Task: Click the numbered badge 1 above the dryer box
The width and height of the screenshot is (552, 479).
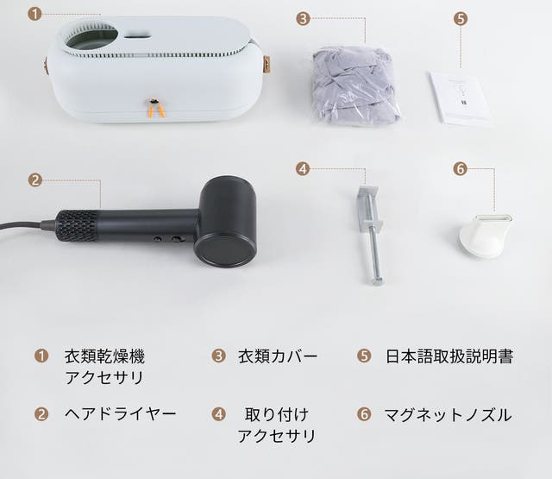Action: [34, 14]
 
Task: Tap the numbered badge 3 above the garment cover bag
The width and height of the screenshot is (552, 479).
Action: [303, 18]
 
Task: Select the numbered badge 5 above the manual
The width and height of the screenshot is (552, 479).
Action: [461, 18]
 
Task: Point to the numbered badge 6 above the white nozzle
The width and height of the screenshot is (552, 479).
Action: [460, 169]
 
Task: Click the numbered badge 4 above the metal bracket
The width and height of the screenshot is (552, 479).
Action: [303, 169]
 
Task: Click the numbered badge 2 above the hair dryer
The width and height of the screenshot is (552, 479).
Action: [34, 180]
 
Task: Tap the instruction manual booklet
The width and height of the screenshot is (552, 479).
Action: [460, 98]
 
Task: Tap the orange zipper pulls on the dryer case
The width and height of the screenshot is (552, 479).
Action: [156, 109]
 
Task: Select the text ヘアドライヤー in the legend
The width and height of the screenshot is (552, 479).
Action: [121, 414]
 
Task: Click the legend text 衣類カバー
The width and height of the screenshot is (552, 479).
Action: [278, 356]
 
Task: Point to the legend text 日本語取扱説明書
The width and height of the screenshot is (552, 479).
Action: [449, 356]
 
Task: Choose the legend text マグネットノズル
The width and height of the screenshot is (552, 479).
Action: [448, 414]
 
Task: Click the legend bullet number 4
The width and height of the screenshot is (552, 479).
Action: [218, 414]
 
